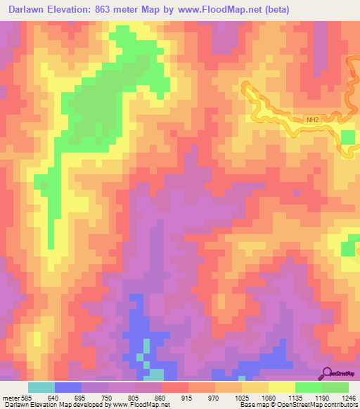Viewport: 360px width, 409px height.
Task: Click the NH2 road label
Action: (313, 120)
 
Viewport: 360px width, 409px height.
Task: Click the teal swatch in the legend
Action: (41, 387)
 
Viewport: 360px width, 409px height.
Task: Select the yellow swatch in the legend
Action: (282, 387)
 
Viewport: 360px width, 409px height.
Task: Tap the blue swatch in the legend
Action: (68, 387)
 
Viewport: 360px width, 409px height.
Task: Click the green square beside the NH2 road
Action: (348, 136)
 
